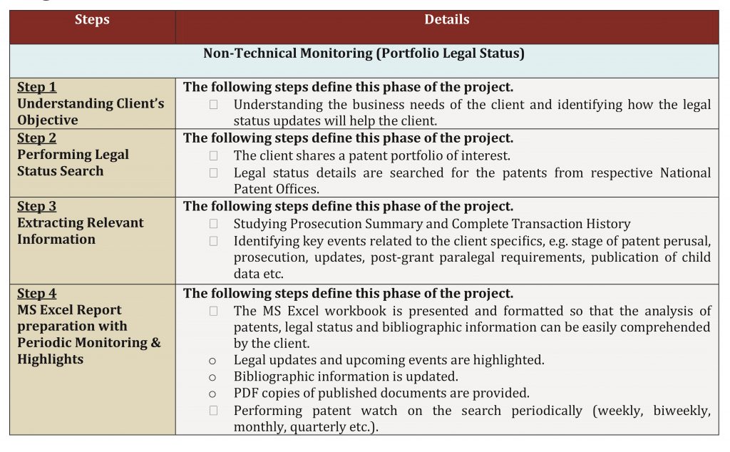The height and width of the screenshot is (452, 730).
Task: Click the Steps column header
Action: pos(92,19)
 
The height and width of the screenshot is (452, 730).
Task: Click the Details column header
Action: pos(447,19)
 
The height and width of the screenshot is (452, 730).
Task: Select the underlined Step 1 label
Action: pos(37,87)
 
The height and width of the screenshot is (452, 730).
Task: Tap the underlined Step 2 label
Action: pos(37,138)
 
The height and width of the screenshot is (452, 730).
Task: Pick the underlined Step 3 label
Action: pos(37,206)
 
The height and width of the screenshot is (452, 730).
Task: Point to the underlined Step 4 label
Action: pos(37,294)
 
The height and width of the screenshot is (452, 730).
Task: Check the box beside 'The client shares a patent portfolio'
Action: pos(213,155)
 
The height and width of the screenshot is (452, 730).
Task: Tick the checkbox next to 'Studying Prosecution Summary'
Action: pos(213,224)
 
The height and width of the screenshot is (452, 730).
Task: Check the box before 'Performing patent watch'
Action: pos(213,411)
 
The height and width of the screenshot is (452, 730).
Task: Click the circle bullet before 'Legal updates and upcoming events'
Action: pos(212,361)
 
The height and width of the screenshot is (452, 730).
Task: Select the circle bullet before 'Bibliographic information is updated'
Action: pos(212,378)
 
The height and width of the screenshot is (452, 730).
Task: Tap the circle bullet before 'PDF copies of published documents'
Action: pos(212,394)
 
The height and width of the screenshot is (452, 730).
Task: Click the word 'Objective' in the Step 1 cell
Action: pos(48,120)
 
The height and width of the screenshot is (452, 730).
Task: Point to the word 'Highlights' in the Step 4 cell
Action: pos(51,359)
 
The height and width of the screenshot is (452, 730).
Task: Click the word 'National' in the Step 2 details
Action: pos(685,173)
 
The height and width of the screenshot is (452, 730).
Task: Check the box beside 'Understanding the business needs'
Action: pos(213,105)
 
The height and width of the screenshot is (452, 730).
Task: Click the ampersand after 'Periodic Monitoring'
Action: pos(156,343)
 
